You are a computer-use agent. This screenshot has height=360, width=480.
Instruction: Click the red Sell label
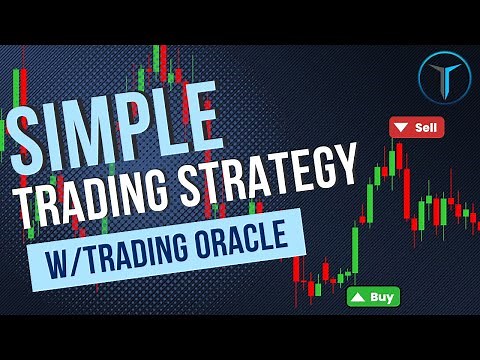pyautogui.click(x=416, y=128)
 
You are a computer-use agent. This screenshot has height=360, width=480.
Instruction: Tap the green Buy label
pyautogui.click(x=373, y=296)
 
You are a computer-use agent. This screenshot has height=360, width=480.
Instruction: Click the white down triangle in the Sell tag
pyautogui.click(x=402, y=128)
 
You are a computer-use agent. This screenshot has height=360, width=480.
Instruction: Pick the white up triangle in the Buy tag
pyautogui.click(x=357, y=297)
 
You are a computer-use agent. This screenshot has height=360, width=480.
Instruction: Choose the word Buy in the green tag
pyautogui.click(x=381, y=296)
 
